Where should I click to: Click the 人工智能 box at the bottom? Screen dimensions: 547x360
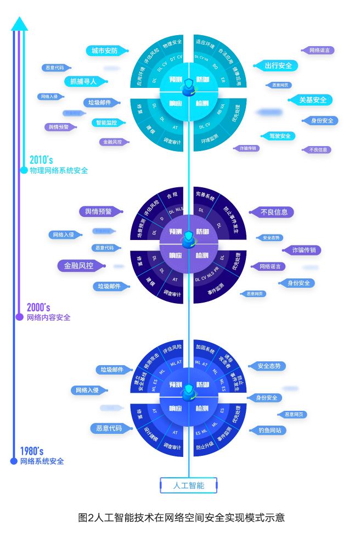coord(188,485)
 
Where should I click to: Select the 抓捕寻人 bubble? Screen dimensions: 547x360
coord(83,81)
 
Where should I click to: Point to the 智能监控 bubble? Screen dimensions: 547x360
coord(107,122)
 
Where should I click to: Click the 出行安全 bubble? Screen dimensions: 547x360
coord(278,65)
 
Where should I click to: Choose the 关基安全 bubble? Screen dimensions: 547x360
coord(312,100)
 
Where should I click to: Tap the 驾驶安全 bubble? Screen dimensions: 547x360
coord(278,136)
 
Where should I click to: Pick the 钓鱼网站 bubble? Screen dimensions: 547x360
coord(269,431)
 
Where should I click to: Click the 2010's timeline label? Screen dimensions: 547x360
coord(41,160)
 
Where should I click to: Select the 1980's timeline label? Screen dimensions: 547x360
coord(32,451)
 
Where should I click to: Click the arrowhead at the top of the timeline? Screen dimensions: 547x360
coord(19,23)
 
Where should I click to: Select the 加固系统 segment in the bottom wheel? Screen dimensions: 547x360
coord(206,348)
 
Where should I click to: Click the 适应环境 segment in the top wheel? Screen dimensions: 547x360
coord(205,43)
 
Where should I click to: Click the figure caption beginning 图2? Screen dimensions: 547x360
coord(182,517)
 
